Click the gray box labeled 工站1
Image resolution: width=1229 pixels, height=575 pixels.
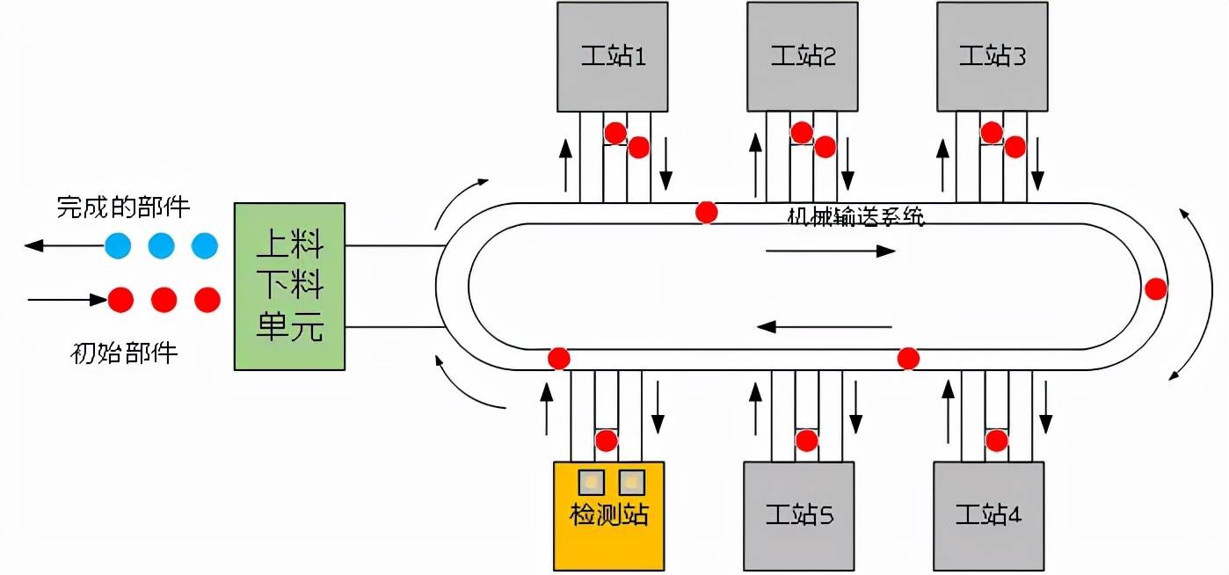[x=613, y=56]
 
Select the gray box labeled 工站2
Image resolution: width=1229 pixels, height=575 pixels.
[x=802, y=56]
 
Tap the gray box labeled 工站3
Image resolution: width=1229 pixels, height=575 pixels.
[x=993, y=56]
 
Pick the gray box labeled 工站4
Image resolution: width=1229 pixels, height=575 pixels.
[x=988, y=515]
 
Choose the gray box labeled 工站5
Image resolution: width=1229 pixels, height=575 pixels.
[x=798, y=515]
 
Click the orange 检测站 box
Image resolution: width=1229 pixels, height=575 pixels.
[x=608, y=515]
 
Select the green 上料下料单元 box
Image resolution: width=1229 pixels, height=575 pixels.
[x=289, y=286]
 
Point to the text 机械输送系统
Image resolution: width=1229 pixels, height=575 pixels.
[x=855, y=217]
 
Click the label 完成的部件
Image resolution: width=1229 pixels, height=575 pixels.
[x=123, y=207]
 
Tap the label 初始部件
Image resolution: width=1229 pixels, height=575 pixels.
[x=123, y=353]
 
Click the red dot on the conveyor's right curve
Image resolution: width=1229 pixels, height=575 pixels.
[x=1156, y=288]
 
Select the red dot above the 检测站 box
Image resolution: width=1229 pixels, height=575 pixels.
[x=606, y=440]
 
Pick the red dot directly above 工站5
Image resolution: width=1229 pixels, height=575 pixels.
[x=807, y=440]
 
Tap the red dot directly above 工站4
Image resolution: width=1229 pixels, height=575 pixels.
[x=996, y=440]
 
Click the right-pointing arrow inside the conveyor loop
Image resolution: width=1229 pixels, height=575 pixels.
[x=831, y=251]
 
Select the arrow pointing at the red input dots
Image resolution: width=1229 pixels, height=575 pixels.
[x=67, y=300]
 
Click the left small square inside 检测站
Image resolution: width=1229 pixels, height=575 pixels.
[x=591, y=482]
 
